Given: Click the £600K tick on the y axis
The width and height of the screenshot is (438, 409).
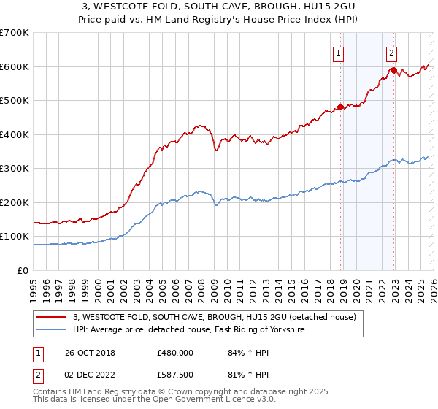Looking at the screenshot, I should (15, 66).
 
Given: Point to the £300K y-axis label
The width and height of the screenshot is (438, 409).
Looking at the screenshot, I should (15, 169).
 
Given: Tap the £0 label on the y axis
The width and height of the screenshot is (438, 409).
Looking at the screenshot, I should (23, 271).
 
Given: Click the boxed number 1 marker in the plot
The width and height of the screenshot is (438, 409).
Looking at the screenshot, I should (339, 52).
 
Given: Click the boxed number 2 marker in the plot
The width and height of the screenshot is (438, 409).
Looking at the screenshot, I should (392, 52).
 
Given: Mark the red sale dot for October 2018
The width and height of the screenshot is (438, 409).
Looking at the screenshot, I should (340, 107).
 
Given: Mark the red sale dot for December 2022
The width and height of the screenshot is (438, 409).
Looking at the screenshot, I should (393, 70).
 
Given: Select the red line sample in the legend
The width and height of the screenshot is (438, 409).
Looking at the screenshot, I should (51, 317).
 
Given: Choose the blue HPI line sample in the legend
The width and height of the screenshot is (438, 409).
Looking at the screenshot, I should (51, 330).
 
